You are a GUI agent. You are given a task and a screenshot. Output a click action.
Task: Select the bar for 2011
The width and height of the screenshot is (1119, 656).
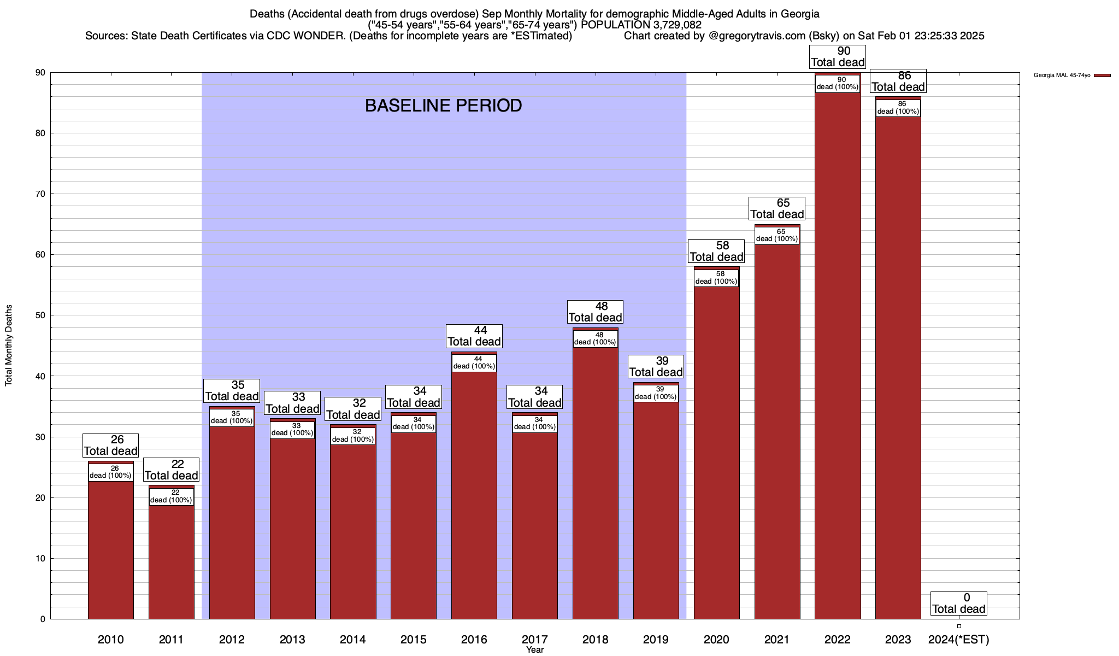point(172,558)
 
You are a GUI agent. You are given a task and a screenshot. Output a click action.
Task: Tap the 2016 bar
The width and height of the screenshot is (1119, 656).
point(474,492)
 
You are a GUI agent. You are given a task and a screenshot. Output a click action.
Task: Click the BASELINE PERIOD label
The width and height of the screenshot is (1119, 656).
point(443,106)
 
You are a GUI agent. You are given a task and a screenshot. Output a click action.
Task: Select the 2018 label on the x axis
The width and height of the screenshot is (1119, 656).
point(595,640)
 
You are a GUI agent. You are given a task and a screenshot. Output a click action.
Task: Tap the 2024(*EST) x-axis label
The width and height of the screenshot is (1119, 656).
point(958,640)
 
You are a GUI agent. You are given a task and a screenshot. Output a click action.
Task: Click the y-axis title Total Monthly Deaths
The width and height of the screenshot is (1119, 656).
point(9,345)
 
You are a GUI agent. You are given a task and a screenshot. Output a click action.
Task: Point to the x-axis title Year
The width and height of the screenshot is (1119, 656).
point(535,650)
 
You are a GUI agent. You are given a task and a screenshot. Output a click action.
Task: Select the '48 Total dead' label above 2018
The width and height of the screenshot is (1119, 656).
point(596,312)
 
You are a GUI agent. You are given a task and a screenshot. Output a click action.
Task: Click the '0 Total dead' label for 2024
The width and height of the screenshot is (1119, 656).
point(959,604)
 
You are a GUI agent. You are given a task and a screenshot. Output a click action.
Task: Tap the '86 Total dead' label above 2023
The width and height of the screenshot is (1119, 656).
point(898,81)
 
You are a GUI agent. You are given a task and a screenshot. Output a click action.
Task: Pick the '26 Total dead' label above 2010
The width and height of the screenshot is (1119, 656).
point(110,446)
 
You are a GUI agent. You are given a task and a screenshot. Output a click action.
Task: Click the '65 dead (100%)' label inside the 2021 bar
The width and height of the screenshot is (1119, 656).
point(776,235)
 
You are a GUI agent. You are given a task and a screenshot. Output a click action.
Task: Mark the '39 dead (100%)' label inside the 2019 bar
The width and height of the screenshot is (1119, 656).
point(656,393)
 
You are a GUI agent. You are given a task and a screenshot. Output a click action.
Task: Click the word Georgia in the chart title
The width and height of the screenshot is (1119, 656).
point(800,14)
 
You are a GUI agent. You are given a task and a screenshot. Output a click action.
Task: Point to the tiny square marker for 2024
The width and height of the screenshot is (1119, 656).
point(959,626)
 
